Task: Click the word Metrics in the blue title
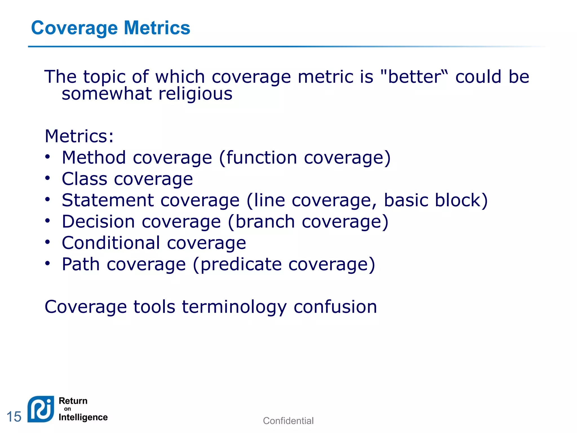pyautogui.click(x=157, y=28)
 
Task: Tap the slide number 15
pyautogui.click(x=14, y=417)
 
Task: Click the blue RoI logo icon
pyautogui.click(x=41, y=409)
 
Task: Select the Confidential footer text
pyautogui.click(x=288, y=421)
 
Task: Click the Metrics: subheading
pyautogui.click(x=79, y=136)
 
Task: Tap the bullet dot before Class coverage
pyautogui.click(x=48, y=178)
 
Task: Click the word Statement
pyautogui.click(x=108, y=200)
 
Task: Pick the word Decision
pyautogui.click(x=98, y=222)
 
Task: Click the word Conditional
pyautogui.click(x=111, y=243)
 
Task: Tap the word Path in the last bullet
pyautogui.click(x=81, y=264)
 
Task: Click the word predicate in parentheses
pyautogui.click(x=241, y=265)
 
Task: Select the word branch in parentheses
pyautogui.click(x=265, y=222)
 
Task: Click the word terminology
pyautogui.click(x=234, y=307)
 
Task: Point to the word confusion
pyautogui.click(x=335, y=307)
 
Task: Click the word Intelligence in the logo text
pyautogui.click(x=83, y=417)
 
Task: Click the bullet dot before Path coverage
pyautogui.click(x=48, y=264)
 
